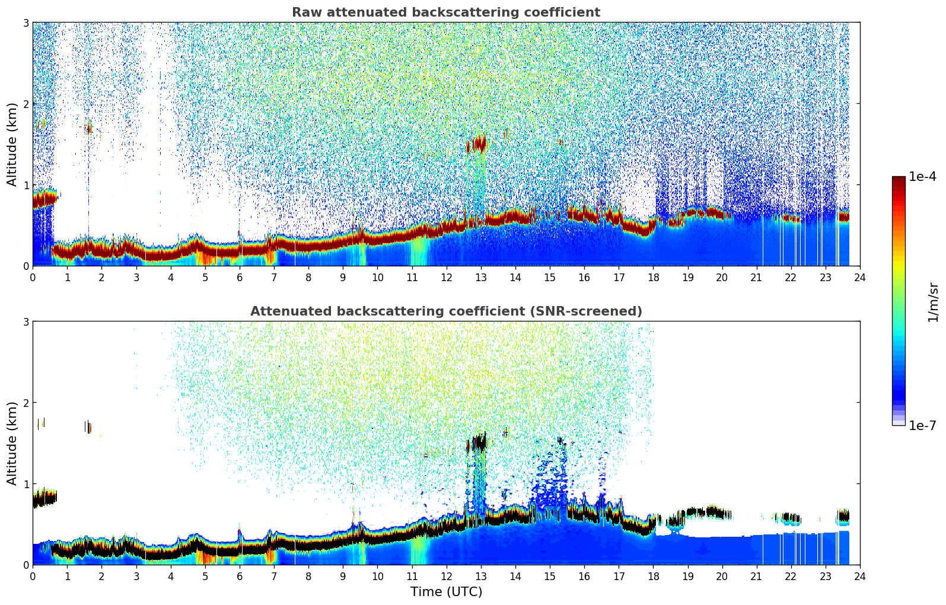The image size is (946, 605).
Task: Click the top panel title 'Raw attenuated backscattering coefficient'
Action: pyautogui.click(x=445, y=12)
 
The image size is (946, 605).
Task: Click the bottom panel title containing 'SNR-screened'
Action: pyautogui.click(x=445, y=311)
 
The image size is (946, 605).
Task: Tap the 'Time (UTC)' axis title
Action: pyautogui.click(x=446, y=591)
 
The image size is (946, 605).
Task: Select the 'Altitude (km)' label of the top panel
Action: pyautogui.click(x=12, y=144)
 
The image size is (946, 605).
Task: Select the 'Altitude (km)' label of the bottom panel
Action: pyautogui.click(x=12, y=443)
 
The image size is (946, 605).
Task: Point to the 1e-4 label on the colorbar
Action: pyautogui.click(x=922, y=177)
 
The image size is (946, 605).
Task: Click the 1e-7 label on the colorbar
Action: pyautogui.click(x=922, y=425)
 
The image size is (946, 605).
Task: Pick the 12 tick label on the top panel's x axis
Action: pyautogui.click(x=446, y=277)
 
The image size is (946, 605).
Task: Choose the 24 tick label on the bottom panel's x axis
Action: pyautogui.click(x=859, y=576)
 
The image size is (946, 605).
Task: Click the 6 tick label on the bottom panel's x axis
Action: pyautogui.click(x=240, y=576)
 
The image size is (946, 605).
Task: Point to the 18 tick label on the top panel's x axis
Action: pyautogui.click(x=653, y=277)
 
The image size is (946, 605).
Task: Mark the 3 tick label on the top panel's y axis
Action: pyautogui.click(x=26, y=23)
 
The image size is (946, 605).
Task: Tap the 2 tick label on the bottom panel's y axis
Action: pyautogui.click(x=26, y=403)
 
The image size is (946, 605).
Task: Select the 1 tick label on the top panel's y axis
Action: pyautogui.click(x=26, y=185)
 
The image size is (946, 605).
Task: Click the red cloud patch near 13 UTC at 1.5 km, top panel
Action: pyautogui.click(x=476, y=144)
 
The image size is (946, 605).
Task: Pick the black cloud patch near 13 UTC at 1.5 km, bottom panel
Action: pyautogui.click(x=476, y=443)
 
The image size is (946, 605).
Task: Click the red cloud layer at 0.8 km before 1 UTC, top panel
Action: pyautogui.click(x=43, y=199)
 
